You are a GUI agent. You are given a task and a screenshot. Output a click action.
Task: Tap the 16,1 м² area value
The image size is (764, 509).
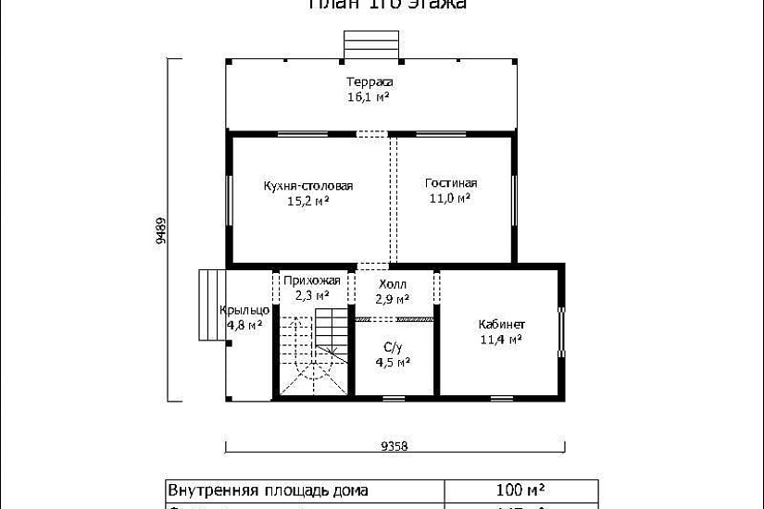[x=368, y=96]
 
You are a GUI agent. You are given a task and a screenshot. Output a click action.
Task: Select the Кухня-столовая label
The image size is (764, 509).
[x=308, y=186]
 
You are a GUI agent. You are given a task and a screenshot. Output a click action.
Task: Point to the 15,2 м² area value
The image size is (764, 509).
[x=309, y=200]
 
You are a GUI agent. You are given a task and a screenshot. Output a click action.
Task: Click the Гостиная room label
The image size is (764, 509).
[x=451, y=183]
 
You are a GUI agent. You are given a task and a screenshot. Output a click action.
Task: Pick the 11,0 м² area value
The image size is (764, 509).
[x=450, y=198]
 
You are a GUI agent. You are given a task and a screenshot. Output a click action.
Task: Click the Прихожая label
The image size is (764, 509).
[x=313, y=281]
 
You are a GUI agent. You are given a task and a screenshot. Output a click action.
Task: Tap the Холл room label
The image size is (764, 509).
[x=393, y=284]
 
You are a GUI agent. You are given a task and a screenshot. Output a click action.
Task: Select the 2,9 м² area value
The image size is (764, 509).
[x=393, y=299]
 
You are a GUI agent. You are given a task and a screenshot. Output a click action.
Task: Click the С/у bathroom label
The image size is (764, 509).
[x=393, y=348]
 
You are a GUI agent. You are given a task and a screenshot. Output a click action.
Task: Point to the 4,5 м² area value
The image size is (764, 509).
[x=393, y=363]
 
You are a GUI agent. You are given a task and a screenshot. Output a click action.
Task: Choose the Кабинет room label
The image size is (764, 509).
[x=502, y=325]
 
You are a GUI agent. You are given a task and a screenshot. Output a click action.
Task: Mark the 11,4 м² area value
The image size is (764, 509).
[x=501, y=340]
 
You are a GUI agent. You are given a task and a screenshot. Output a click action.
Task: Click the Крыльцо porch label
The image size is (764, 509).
[x=244, y=310]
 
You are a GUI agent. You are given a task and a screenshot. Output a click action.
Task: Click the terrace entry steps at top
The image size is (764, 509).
[x=368, y=44]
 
